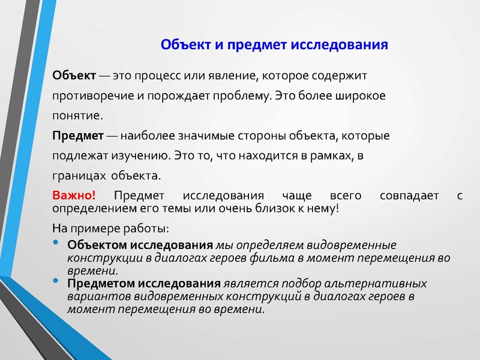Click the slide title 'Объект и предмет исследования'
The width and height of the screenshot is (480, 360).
274,46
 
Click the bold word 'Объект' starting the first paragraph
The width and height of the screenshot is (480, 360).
74,77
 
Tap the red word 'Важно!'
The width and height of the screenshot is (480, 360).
74,196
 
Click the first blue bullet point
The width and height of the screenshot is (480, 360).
56,243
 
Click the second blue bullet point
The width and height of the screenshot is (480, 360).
56,281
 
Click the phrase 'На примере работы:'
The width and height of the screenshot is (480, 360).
111,228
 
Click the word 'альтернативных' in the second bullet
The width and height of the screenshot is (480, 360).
383,283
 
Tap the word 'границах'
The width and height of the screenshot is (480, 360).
74,176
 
